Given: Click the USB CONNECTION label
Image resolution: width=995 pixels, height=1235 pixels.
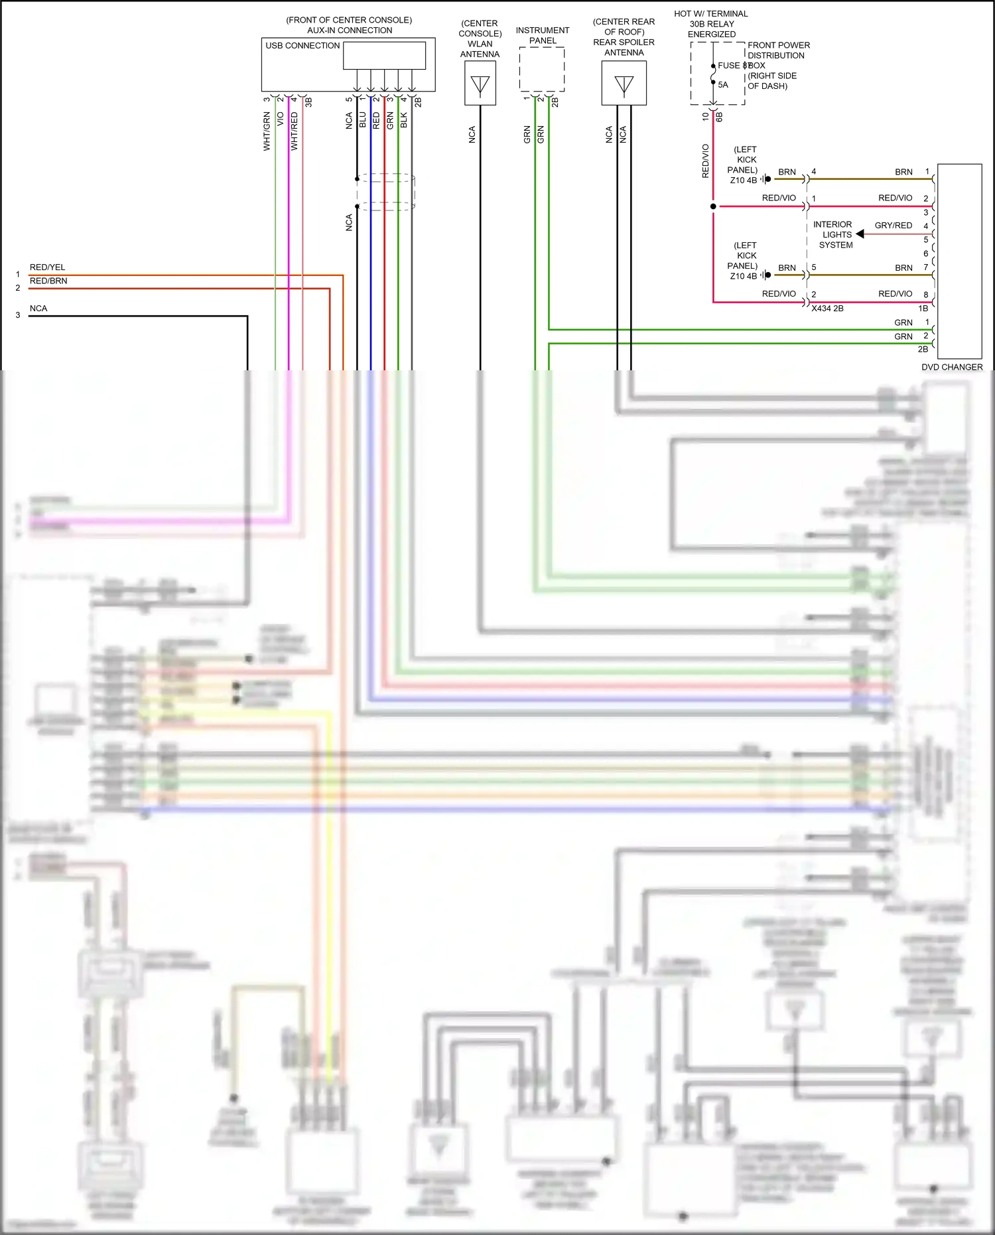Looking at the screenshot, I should [x=302, y=46].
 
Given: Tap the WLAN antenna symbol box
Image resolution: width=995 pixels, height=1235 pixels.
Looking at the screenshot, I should [x=480, y=84].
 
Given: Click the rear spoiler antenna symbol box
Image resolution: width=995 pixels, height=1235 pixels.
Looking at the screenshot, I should [x=624, y=84].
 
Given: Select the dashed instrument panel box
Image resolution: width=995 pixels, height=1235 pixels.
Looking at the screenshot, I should [x=542, y=70].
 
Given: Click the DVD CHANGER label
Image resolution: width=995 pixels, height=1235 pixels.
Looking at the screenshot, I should [x=951, y=367].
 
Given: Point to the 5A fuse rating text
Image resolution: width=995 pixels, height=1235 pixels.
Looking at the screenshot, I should [x=723, y=85].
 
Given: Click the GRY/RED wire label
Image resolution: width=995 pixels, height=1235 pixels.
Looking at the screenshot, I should [x=893, y=226].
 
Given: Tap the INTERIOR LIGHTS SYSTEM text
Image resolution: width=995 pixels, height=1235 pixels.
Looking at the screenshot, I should [x=834, y=235].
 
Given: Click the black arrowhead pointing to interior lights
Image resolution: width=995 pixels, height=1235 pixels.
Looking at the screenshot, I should [x=860, y=234].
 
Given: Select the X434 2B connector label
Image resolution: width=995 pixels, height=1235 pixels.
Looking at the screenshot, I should [x=827, y=309].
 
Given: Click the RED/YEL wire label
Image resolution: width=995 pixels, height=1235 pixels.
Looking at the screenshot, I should [x=47, y=267].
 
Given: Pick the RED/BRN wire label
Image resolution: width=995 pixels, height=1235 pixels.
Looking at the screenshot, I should [x=48, y=281].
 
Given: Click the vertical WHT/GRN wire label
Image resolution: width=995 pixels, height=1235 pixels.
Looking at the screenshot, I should [x=267, y=131].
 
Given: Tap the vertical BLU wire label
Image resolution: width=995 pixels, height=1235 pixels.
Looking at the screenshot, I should [x=362, y=120].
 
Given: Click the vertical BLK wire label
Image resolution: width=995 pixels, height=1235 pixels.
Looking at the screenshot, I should [x=403, y=120].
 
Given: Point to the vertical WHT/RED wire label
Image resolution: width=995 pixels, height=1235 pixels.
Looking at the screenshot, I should [x=295, y=131].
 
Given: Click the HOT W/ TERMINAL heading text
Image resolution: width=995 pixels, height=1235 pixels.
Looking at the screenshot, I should [x=710, y=14].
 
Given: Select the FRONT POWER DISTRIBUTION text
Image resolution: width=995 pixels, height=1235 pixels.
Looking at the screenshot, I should [x=778, y=50].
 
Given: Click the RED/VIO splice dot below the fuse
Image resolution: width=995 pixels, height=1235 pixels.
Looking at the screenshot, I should [x=713, y=206].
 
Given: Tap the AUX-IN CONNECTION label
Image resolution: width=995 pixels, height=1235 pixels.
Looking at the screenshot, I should [x=350, y=31].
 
